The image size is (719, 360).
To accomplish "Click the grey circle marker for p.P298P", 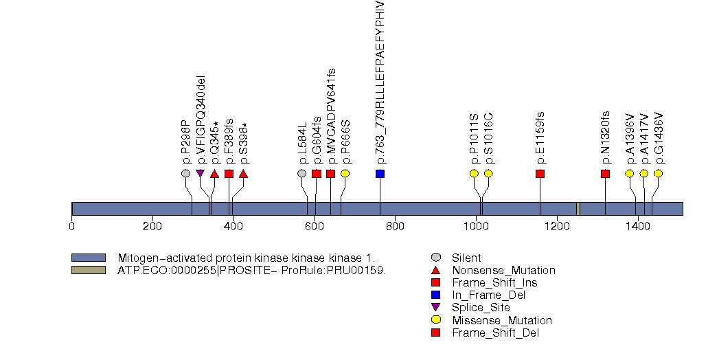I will tap(185, 173).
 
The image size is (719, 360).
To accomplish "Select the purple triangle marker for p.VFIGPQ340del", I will tap(200, 173).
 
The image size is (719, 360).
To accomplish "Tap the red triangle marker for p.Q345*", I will tap(214, 174).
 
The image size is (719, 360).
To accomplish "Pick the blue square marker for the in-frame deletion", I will tap(380, 173).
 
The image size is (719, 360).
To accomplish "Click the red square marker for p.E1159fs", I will tap(540, 173).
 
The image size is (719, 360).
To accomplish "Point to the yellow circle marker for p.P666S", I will tap(345, 173).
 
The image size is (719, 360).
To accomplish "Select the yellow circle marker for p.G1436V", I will tap(658, 173).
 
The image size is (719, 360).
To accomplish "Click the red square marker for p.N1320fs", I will tap(605, 173).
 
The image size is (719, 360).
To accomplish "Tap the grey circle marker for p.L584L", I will tap(301, 173).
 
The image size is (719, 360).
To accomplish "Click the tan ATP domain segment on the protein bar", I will tap(578, 209).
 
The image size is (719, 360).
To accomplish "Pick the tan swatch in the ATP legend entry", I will tap(89, 270).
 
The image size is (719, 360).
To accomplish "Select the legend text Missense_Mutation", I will tap(501, 320).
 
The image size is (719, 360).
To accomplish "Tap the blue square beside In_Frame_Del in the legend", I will tap(435, 295).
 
